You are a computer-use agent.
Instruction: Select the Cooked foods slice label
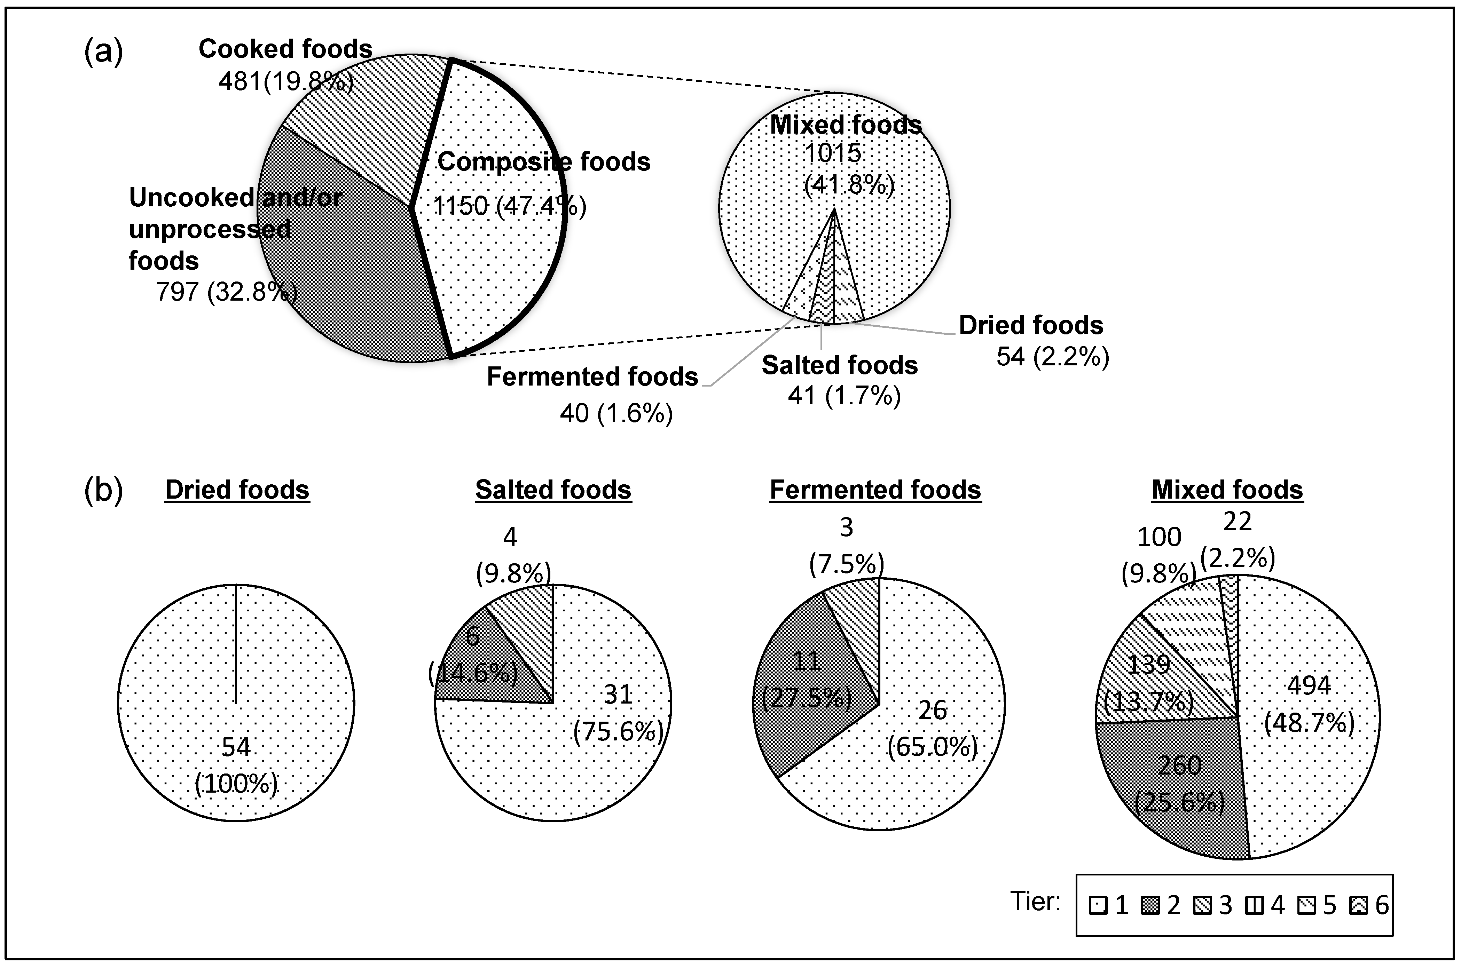click(x=285, y=49)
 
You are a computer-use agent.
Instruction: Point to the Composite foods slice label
click(x=543, y=162)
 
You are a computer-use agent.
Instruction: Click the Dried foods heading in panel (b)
click(x=237, y=490)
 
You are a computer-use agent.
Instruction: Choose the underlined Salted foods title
click(x=553, y=490)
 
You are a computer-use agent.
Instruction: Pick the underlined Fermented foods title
click(x=875, y=490)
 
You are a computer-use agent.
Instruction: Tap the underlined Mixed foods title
click(x=1227, y=490)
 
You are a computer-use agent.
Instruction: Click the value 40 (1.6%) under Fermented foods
click(x=616, y=413)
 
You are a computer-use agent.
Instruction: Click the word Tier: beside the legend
click(x=1036, y=902)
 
